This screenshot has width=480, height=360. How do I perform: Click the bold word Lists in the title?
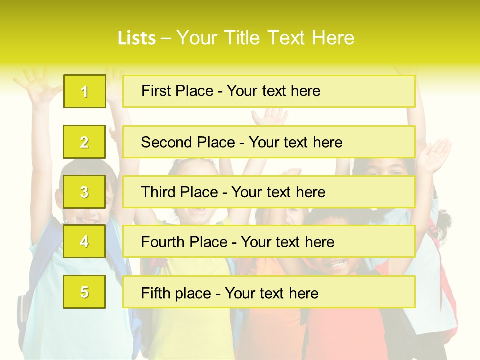click(x=136, y=38)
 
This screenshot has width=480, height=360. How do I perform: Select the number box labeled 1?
click(x=85, y=91)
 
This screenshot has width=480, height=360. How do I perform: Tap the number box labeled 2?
click(x=85, y=142)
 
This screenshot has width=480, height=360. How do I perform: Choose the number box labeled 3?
click(x=85, y=192)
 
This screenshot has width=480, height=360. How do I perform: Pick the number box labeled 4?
click(x=85, y=241)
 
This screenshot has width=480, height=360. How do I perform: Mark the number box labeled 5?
click(x=85, y=292)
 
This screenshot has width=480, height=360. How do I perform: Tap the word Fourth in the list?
click(x=163, y=242)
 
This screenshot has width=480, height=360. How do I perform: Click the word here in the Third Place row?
click(x=310, y=192)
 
